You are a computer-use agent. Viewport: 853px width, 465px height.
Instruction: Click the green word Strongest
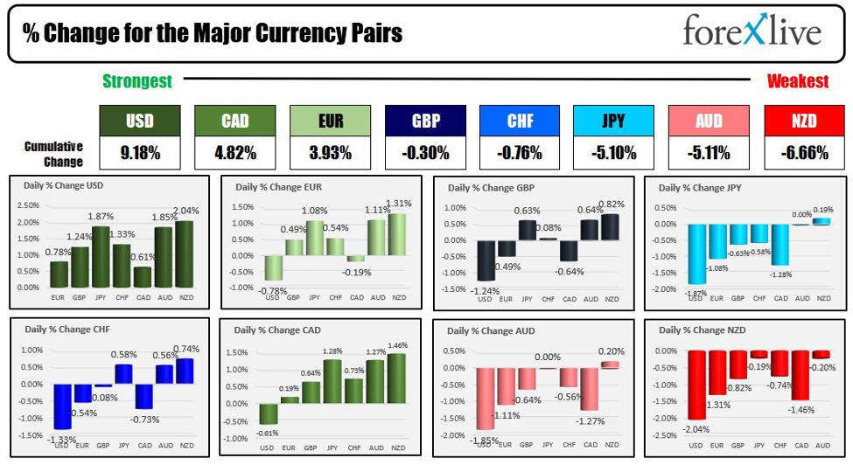pos(137,81)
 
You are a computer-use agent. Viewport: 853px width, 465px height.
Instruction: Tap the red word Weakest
pos(797,81)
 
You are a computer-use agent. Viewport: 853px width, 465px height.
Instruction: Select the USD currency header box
pos(140,121)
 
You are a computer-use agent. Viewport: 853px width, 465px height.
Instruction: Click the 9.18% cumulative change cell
pos(140,153)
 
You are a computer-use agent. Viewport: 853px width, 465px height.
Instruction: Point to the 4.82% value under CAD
pos(234,153)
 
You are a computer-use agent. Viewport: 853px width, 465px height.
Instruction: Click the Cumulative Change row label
pos(53,154)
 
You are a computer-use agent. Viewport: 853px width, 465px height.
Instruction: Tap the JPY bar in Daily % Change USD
pos(100,257)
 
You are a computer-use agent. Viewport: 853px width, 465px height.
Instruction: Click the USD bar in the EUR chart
pos(274,267)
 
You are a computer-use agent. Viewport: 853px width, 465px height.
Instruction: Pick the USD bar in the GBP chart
pos(484,261)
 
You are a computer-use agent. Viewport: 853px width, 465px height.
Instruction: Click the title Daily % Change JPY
pos(704,188)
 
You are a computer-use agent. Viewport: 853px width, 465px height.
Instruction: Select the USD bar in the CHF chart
pos(61,406)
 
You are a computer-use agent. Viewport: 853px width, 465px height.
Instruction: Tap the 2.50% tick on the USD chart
pos(28,205)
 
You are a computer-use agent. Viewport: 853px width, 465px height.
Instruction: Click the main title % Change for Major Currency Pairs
pos(213,33)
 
